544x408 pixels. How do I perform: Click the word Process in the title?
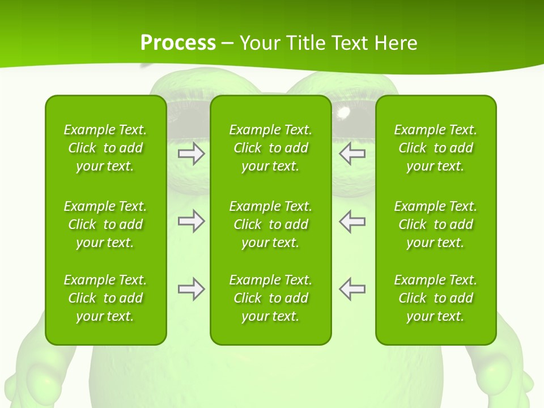click(178, 42)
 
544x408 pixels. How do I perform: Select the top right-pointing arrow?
click(191, 153)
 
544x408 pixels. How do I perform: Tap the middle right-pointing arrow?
click(191, 221)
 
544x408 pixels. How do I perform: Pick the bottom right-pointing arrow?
click(191, 289)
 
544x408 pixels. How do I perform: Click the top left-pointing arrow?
click(352, 153)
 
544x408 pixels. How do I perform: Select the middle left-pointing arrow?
click(352, 221)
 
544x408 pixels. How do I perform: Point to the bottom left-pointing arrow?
click(352, 289)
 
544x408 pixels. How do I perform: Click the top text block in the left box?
click(105, 148)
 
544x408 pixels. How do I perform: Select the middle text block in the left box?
click(105, 224)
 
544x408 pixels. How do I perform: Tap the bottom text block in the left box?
click(105, 298)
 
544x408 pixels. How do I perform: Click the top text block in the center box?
click(271, 148)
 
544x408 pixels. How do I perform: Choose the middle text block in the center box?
click(271, 224)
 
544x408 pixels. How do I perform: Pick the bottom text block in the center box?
click(271, 298)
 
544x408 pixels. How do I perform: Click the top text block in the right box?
click(436, 148)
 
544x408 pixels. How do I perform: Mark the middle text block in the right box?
click(436, 224)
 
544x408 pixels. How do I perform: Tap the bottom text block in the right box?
click(436, 298)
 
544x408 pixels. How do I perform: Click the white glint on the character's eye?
click(343, 113)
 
